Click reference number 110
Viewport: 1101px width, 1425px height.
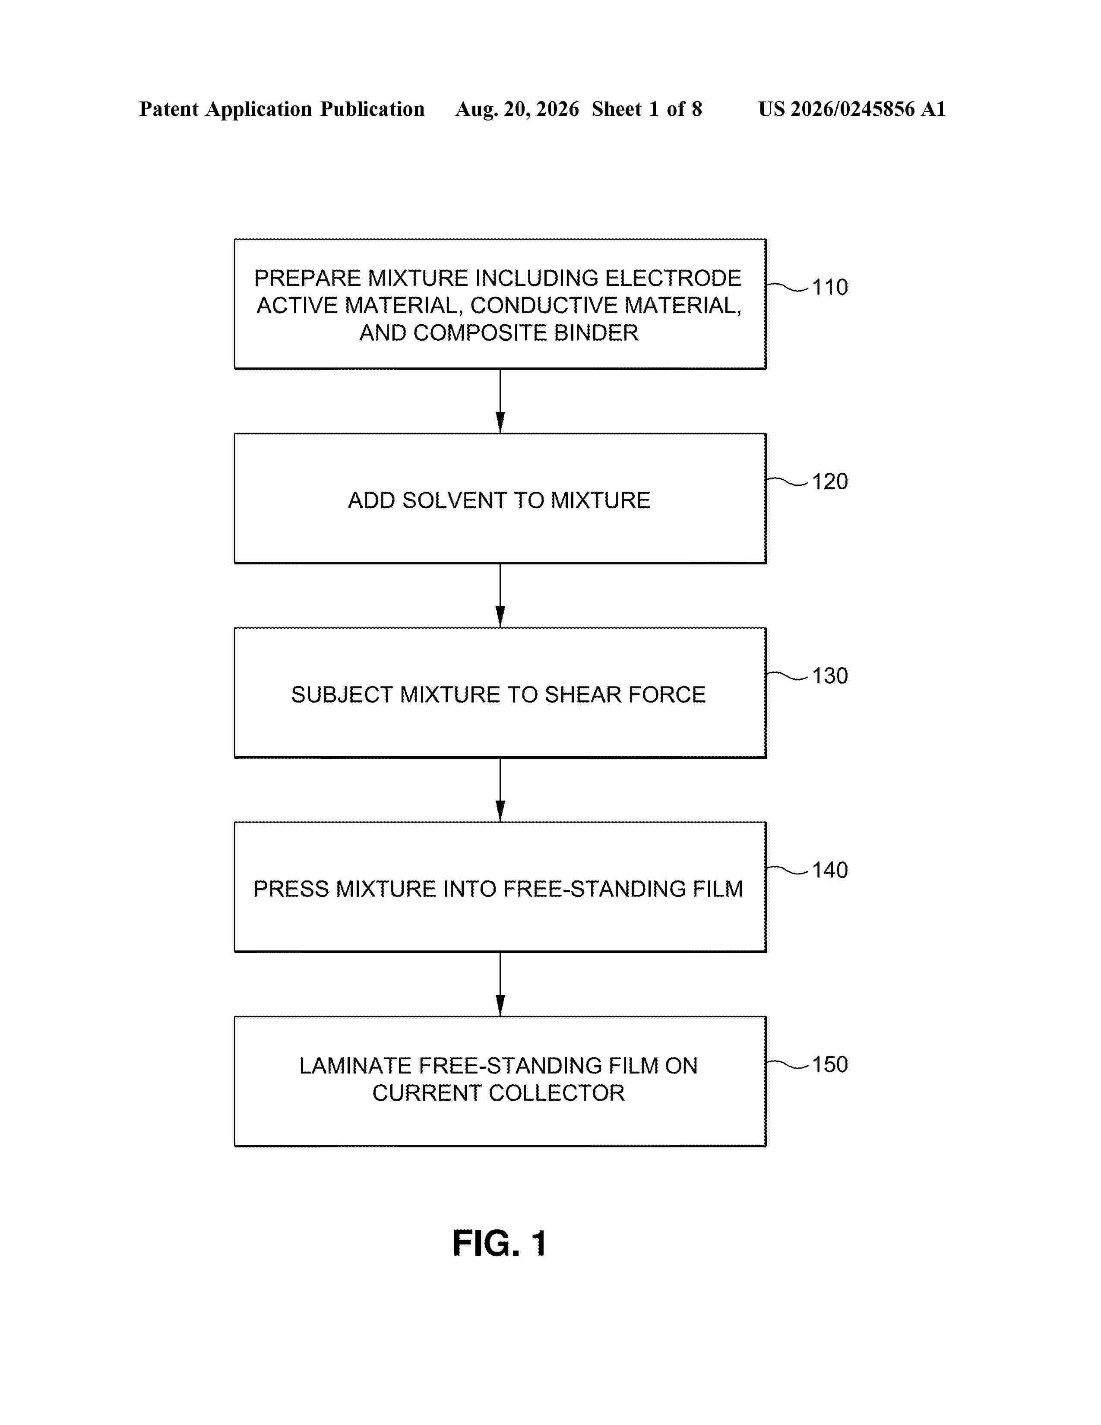pyautogui.click(x=830, y=287)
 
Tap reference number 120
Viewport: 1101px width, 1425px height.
pyautogui.click(x=830, y=481)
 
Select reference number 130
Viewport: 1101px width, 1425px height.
pyautogui.click(x=830, y=676)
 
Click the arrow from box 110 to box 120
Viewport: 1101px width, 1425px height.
pyautogui.click(x=500, y=401)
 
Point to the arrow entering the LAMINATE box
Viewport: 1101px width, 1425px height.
pyautogui.click(x=500, y=985)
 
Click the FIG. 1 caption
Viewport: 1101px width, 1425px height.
pyautogui.click(x=500, y=1244)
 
